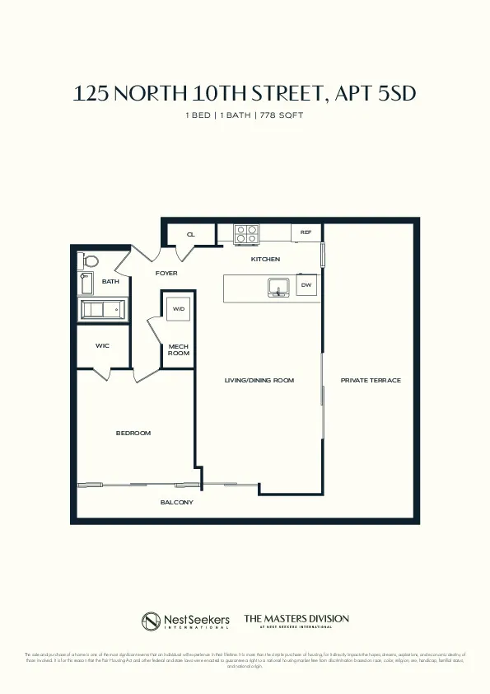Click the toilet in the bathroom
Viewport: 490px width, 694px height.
90,261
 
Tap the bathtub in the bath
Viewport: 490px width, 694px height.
100,310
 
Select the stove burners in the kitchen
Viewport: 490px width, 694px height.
246,234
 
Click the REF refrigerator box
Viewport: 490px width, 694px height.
306,233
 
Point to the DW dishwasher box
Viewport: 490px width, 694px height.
306,285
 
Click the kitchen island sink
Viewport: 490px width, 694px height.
277,286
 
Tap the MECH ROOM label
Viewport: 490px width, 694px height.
179,349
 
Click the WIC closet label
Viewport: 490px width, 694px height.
102,345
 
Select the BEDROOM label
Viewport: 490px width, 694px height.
133,433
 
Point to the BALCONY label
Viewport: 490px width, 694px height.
176,502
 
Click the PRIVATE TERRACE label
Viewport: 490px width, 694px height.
371,380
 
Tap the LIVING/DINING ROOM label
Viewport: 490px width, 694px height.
259,380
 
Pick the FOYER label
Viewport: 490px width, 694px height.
166,273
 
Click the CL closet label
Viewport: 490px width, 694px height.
190,235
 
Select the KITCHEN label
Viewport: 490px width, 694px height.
265,259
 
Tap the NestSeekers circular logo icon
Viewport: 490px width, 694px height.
151,621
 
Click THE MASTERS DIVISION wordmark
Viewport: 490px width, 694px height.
296,618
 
